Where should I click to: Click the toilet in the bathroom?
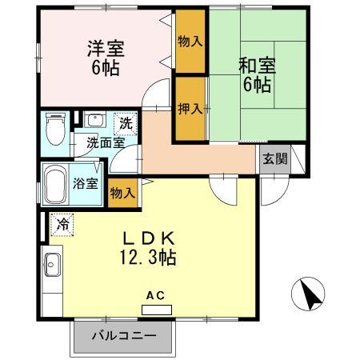point(55,129)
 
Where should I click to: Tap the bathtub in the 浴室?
point(55,184)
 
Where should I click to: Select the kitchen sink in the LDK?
point(53,265)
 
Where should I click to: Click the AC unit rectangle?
point(157,310)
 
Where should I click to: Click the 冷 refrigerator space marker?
point(62,225)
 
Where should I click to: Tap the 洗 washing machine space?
point(126,123)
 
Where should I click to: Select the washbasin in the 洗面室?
point(95,119)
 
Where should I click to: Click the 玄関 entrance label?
point(275,159)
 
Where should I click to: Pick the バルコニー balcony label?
point(123,336)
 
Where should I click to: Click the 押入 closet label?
point(190,109)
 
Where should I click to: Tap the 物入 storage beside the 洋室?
point(190,42)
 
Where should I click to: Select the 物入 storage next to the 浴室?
point(123,193)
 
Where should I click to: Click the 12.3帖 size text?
point(148,258)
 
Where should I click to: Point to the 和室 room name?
point(257,66)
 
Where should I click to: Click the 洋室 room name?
point(106,49)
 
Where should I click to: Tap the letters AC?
point(156,295)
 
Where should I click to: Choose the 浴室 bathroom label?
point(86,184)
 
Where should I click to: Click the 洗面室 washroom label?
point(106,143)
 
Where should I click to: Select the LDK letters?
point(149,238)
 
